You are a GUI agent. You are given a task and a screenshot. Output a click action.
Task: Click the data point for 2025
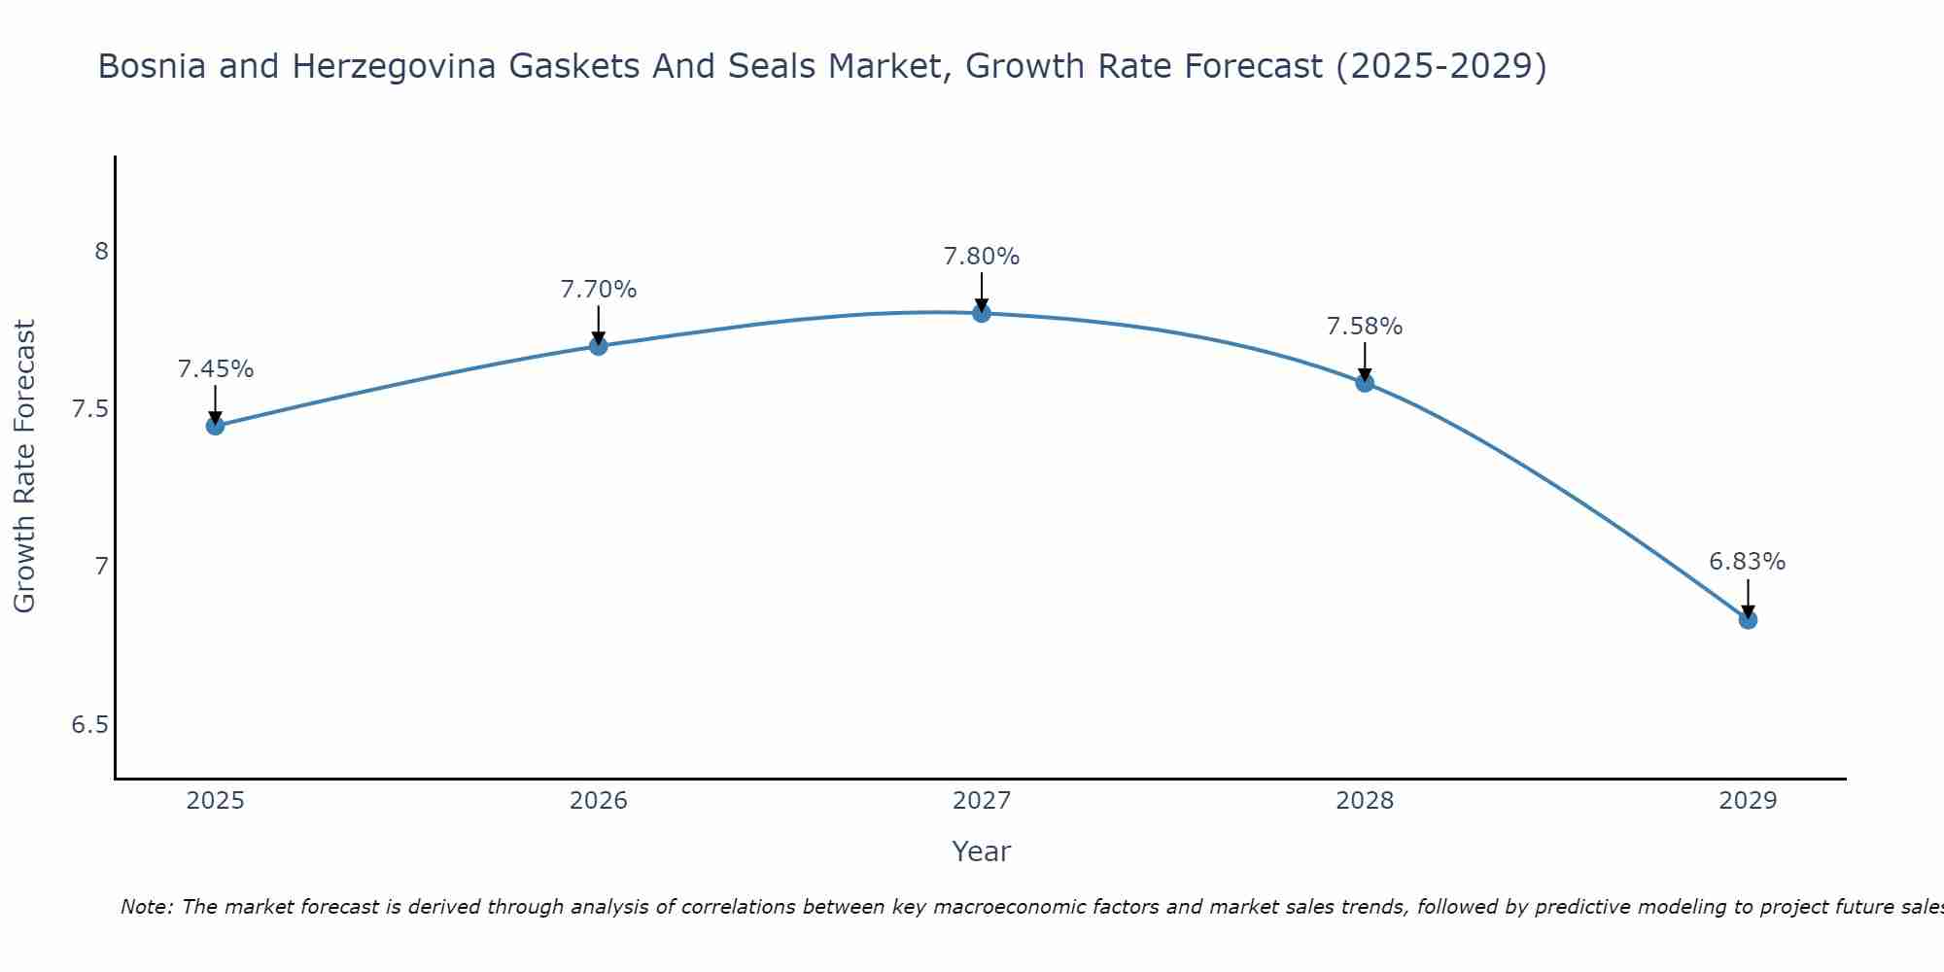coord(215,426)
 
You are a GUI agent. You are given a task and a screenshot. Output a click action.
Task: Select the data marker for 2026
coord(598,346)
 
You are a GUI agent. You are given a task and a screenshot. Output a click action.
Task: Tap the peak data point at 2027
coord(981,313)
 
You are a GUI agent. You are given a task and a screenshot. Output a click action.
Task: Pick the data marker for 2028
coord(1365,382)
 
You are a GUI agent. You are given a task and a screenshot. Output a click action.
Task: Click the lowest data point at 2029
coord(1748,619)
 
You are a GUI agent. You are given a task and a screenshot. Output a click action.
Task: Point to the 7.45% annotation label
coord(215,369)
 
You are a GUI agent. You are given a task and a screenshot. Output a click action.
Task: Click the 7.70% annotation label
coord(598,290)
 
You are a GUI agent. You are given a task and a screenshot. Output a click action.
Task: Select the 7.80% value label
coord(981,257)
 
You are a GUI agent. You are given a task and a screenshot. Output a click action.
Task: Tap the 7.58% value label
coord(1365,327)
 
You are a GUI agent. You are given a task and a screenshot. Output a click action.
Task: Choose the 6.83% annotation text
coord(1747,562)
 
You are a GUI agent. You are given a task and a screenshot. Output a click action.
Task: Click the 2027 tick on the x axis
coord(981,801)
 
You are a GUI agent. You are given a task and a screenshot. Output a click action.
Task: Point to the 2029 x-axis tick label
coord(1748,801)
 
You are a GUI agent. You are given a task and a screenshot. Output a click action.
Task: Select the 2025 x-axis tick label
coord(215,801)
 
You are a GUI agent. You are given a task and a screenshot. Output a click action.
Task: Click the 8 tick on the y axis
coord(100,252)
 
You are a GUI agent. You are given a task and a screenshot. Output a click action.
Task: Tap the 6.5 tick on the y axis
coord(90,725)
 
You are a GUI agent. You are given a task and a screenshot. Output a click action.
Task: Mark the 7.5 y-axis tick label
coord(90,409)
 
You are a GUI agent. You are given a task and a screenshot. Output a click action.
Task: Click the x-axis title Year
coord(981,851)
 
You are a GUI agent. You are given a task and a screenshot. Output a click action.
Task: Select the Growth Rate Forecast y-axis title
coord(25,467)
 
